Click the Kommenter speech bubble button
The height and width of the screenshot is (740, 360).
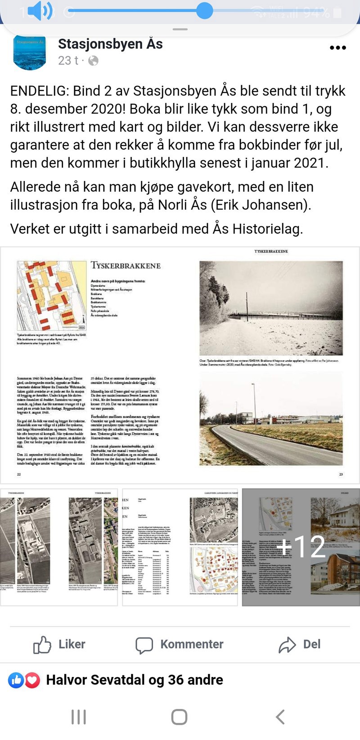point(179,645)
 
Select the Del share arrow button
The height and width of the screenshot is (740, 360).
point(299,645)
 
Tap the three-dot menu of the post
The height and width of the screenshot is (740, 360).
point(337,48)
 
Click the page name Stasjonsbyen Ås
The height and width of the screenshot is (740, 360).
point(110,44)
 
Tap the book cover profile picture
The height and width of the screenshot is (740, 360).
point(30,52)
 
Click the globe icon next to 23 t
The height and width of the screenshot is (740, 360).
point(93,61)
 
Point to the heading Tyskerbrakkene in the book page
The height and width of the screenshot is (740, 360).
point(126,266)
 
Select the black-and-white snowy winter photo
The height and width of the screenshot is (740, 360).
point(271,308)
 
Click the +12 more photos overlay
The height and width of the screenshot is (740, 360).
point(301,547)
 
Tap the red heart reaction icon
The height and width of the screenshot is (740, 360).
point(32,680)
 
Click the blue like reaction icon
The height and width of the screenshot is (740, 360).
point(16,680)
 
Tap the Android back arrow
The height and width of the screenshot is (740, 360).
point(280,717)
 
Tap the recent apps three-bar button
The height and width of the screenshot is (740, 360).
point(79,717)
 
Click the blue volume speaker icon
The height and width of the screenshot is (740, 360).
point(40,11)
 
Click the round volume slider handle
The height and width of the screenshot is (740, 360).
point(205,10)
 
